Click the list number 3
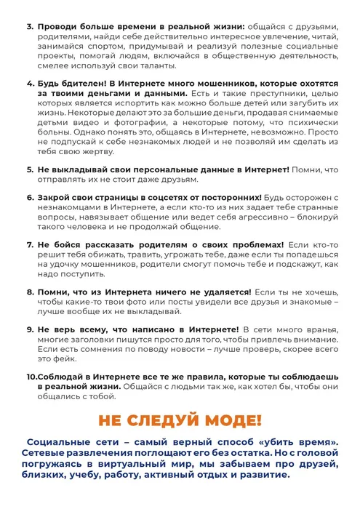29,16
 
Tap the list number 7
29,244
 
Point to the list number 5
29,169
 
